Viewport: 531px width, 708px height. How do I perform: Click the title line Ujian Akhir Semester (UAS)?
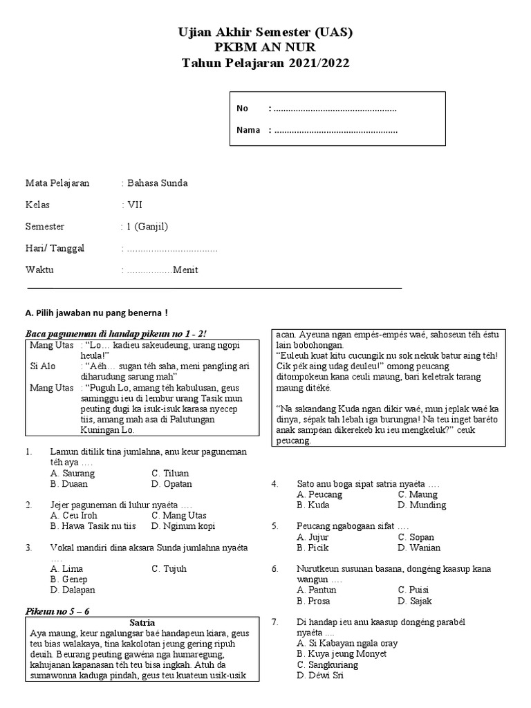(265, 32)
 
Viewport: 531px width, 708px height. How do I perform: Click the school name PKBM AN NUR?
(265, 48)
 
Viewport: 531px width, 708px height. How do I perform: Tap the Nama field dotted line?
(336, 130)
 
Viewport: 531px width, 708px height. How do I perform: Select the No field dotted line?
(335, 109)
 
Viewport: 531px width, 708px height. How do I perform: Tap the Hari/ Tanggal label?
(55, 248)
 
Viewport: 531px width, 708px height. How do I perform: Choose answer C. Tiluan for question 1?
(171, 474)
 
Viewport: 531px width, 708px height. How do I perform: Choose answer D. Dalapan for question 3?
(73, 590)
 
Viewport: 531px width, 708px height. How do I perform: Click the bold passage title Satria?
(142, 622)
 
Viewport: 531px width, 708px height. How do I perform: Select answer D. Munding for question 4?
(422, 505)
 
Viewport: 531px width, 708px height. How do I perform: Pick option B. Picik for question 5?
(313, 548)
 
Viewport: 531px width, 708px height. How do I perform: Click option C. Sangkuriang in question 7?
(327, 664)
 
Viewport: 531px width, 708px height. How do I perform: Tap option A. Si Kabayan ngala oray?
(347, 643)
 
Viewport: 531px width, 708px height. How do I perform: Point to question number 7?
(274, 622)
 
